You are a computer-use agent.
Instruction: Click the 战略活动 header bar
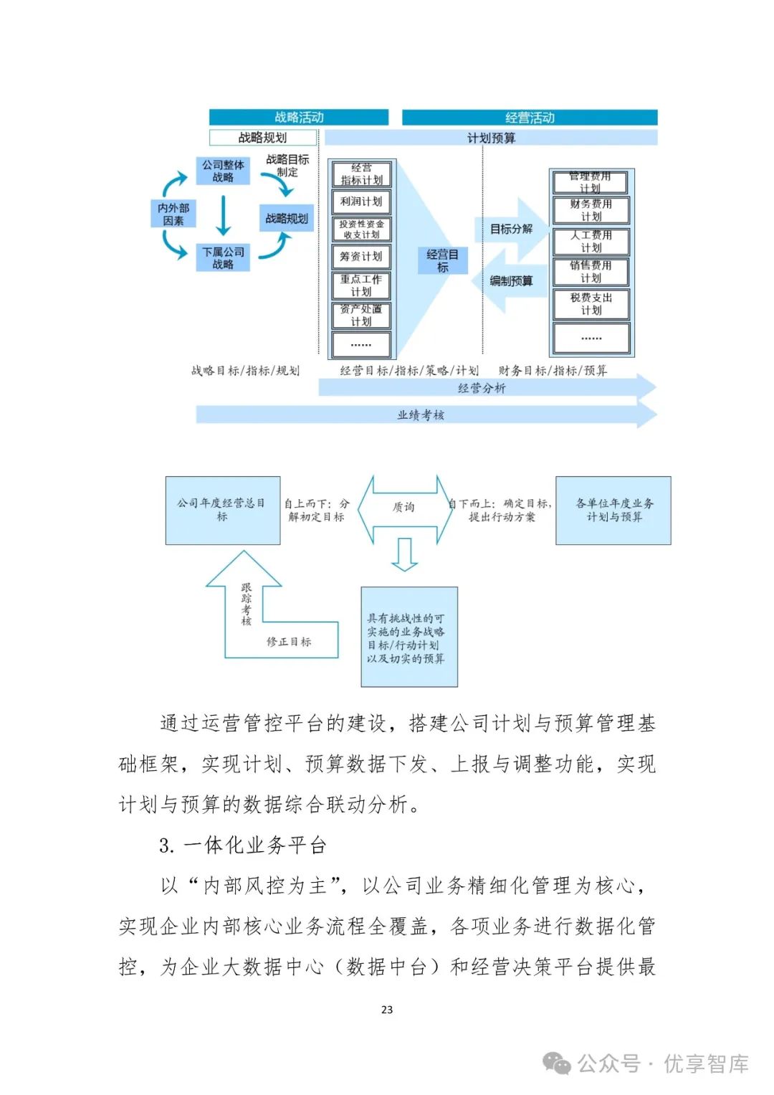[298, 117]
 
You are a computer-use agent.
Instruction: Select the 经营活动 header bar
[529, 118]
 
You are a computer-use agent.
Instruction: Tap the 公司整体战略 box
[223, 171]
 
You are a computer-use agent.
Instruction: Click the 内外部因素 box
[173, 214]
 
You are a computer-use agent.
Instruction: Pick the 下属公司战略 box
[223, 258]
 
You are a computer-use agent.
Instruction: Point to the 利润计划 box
[361, 202]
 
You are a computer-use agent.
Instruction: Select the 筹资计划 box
[361, 256]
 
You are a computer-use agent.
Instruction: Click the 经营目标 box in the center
[442, 260]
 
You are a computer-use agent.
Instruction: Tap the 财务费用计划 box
[591, 210]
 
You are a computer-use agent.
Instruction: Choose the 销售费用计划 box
[591, 272]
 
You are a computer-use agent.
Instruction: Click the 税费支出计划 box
[591, 303]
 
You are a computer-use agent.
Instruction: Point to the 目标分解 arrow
[512, 229]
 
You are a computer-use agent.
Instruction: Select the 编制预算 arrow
[510, 281]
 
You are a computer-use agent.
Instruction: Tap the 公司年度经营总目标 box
[222, 510]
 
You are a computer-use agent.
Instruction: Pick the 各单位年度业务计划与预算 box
[613, 510]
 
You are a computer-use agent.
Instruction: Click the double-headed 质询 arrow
[404, 507]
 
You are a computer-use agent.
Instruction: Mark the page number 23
[387, 1010]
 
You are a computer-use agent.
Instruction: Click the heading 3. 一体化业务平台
[243, 845]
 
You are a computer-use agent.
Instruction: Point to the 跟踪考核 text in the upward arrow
[246, 604]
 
